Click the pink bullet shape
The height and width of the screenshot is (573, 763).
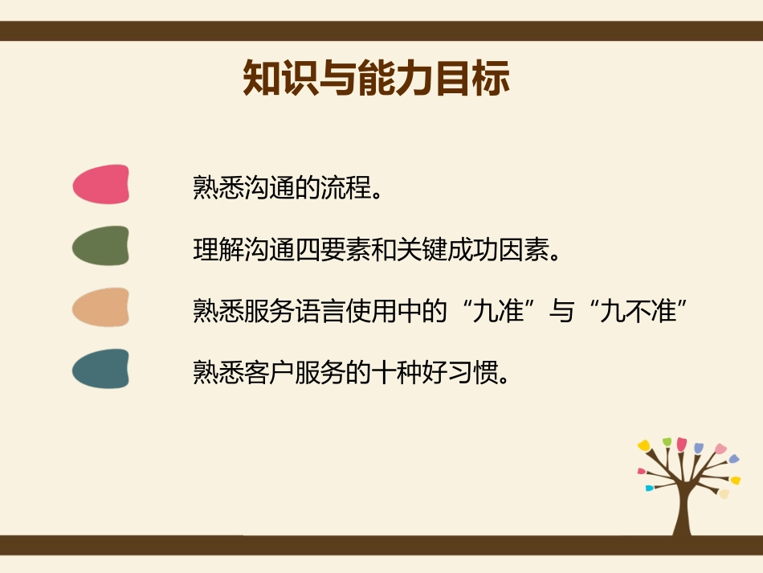101,184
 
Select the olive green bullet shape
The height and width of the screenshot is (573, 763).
101,246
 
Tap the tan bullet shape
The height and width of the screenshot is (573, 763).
101,307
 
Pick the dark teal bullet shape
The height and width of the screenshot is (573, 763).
101,369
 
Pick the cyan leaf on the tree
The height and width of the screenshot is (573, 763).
649,488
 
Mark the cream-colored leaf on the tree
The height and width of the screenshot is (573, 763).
724,493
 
